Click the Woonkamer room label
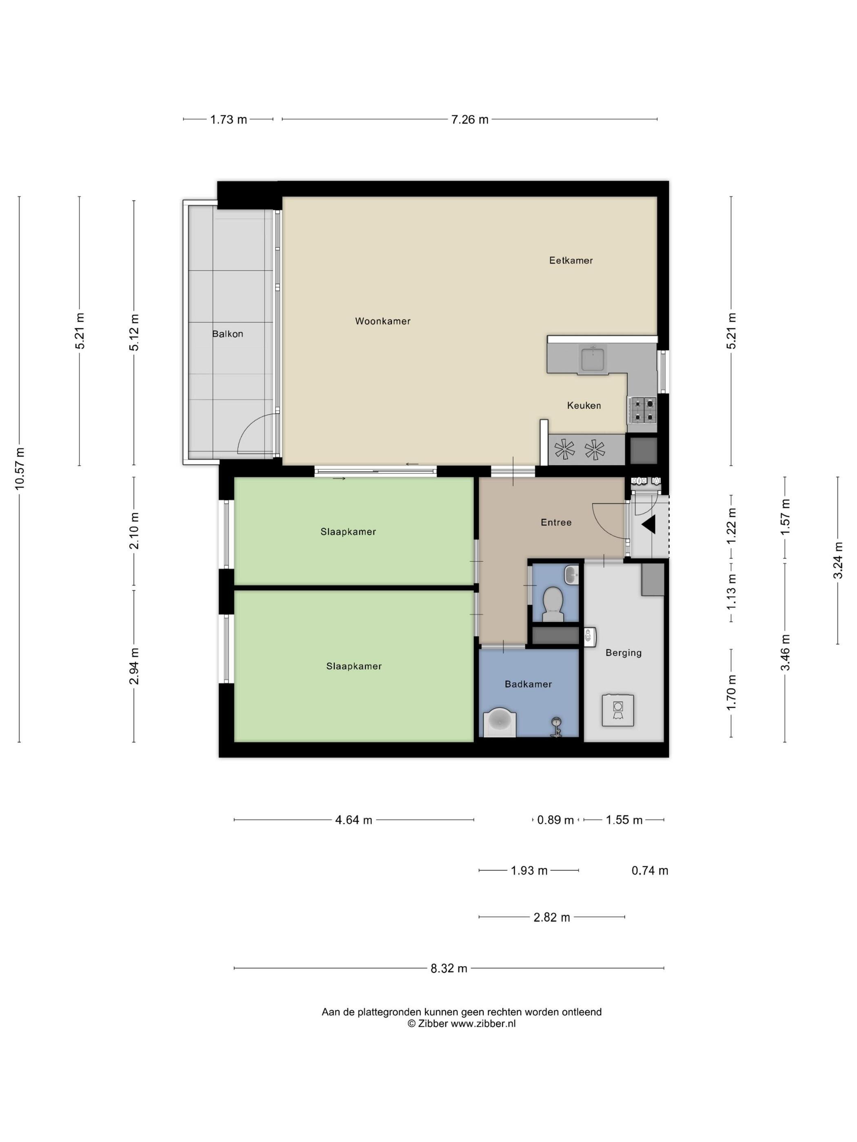click(x=383, y=321)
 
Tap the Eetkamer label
click(x=571, y=261)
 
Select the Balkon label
click(x=227, y=334)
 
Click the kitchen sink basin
click(x=593, y=359)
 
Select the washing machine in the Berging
click(x=617, y=711)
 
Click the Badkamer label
click(x=528, y=684)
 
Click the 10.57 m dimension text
click(x=20, y=468)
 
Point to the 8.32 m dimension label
click(x=449, y=969)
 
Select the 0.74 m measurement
click(x=650, y=871)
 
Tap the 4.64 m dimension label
click(x=354, y=820)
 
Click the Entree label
click(x=556, y=522)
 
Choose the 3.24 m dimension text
click(x=838, y=560)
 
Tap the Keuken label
click(x=584, y=406)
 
